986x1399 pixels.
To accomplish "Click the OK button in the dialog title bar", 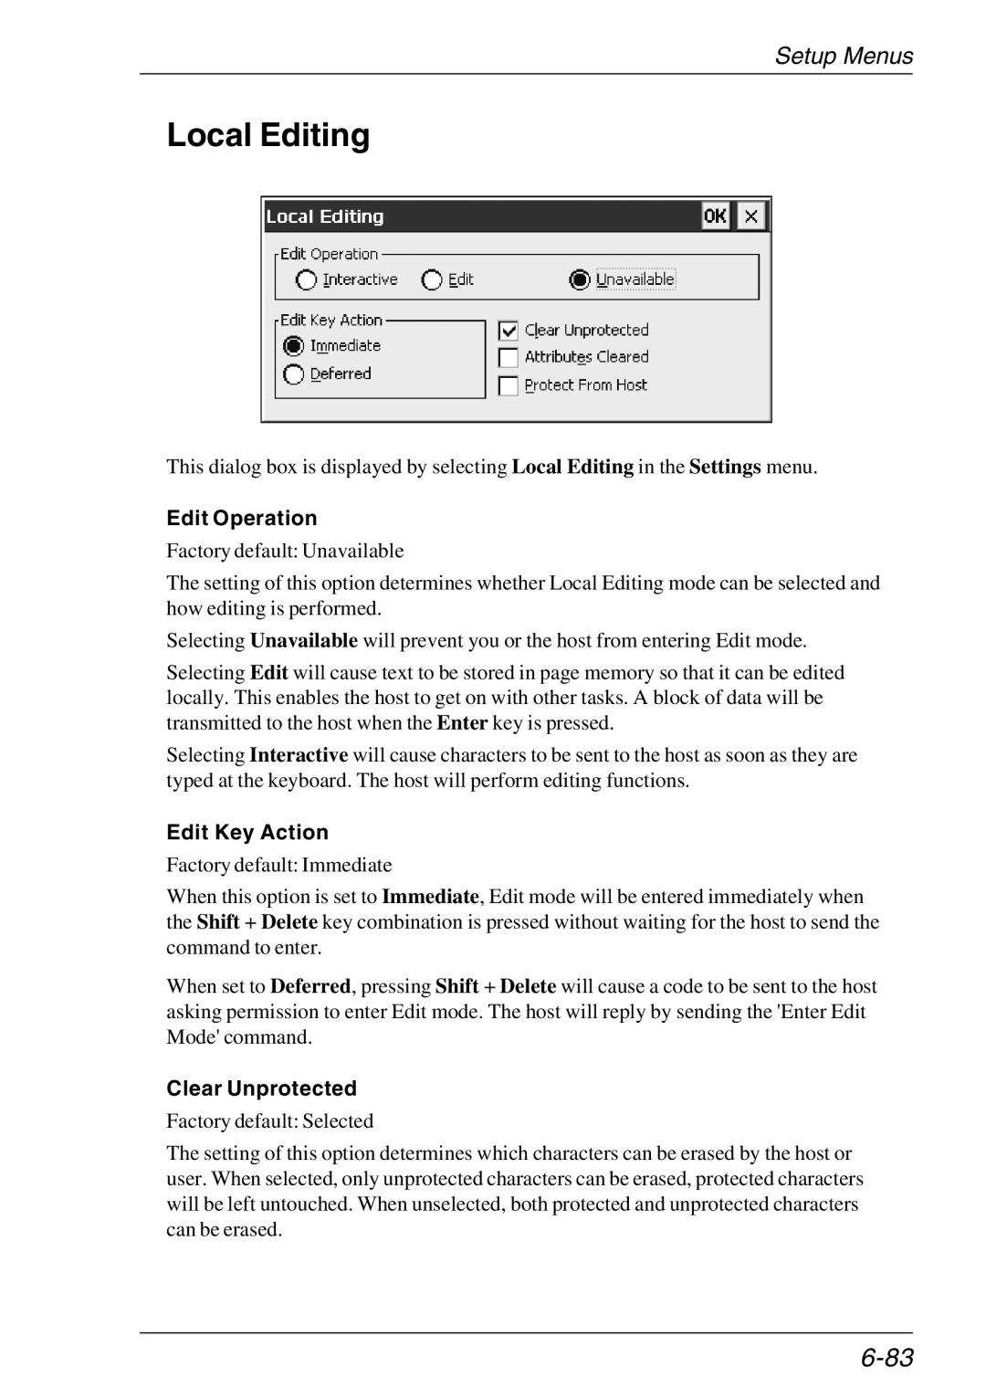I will (715, 216).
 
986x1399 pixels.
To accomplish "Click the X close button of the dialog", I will (751, 216).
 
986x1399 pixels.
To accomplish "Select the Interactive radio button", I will (307, 280).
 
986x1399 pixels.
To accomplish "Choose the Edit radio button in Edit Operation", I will (432, 280).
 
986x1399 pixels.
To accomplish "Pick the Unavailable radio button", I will (580, 280).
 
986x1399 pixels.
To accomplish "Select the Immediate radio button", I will (293, 346).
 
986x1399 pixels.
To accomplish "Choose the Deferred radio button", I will (293, 374).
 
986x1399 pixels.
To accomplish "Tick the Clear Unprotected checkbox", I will (509, 331).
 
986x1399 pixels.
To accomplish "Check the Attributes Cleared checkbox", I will (509, 358).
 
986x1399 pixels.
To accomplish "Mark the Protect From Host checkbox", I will (509, 386).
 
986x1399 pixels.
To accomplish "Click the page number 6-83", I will (886, 1358).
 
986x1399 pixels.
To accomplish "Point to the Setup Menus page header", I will (843, 57).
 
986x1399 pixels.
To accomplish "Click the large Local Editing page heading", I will (268, 135).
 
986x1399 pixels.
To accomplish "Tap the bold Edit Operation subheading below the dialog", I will (242, 519).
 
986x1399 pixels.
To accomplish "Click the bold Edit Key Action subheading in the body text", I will (247, 833).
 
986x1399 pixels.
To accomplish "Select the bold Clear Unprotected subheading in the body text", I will (261, 1089).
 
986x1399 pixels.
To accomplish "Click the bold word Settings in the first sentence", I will (725, 468).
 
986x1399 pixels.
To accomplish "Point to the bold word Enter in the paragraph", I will (462, 723).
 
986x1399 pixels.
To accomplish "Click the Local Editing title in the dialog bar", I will (325, 216).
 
